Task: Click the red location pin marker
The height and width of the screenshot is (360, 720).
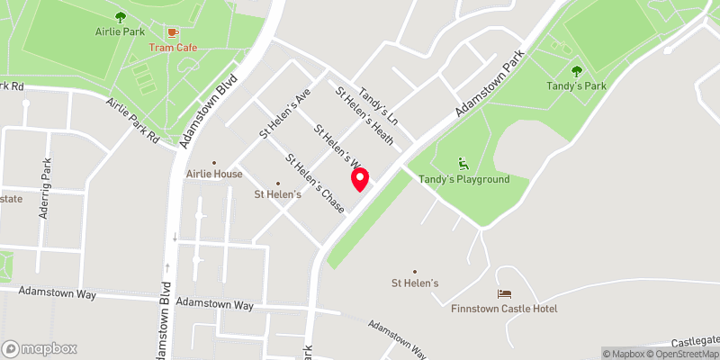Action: click(361, 179)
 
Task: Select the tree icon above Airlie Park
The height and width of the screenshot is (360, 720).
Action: click(121, 16)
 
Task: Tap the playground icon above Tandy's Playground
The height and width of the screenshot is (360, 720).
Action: click(463, 164)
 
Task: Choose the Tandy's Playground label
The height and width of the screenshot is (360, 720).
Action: click(463, 179)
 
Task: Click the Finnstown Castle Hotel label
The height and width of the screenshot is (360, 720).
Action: click(504, 309)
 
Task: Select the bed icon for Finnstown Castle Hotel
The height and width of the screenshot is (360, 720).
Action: click(504, 293)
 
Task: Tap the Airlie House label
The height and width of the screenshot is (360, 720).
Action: click(213, 174)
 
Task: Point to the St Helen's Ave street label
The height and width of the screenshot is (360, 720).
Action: click(284, 113)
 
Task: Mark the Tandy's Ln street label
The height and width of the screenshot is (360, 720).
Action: click(379, 106)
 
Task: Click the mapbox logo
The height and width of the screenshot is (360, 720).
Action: click(40, 348)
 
